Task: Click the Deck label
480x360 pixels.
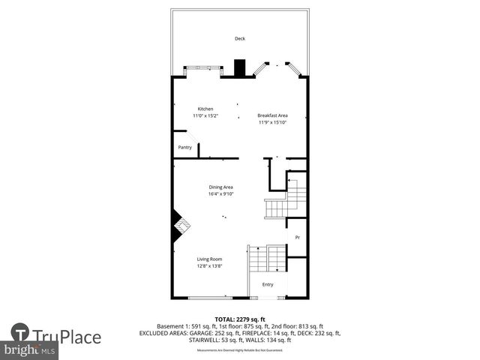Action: coord(240,38)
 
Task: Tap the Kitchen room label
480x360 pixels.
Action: coord(205,109)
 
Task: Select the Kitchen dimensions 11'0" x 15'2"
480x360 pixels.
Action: coord(205,116)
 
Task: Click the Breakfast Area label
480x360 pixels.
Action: coord(273,115)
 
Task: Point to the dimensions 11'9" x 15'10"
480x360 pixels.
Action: coord(273,123)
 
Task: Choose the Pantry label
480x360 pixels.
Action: coord(184,148)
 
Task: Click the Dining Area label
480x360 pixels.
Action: coord(221,187)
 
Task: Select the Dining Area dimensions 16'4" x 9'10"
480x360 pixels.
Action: coord(221,194)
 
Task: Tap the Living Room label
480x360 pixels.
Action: coord(210,259)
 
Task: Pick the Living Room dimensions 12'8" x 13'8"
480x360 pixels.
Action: coord(210,266)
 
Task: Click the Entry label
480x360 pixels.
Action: coord(268,285)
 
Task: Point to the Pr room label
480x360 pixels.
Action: coord(298,238)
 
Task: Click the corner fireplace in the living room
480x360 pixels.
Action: coord(180,223)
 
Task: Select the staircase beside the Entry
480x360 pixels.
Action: coord(266,259)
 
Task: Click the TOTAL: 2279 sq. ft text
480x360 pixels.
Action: coord(240,319)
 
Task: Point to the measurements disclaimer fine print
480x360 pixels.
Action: coord(240,350)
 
